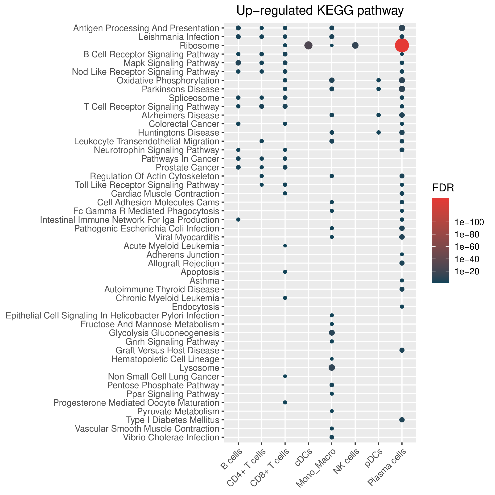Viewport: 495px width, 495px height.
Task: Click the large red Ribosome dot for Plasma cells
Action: coord(402,45)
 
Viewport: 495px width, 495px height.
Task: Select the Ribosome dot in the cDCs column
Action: coord(308,45)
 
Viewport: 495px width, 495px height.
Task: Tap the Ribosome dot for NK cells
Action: coord(355,45)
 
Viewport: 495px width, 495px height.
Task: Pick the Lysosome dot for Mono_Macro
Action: coord(332,368)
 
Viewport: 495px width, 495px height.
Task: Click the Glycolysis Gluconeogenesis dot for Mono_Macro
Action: coord(332,333)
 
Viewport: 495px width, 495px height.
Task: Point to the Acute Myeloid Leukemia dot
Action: coord(285,246)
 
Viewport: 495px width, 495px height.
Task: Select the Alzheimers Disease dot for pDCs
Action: coord(378,115)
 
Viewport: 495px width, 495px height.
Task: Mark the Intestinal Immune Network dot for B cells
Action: coord(238,220)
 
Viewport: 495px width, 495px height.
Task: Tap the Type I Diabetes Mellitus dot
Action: coord(402,420)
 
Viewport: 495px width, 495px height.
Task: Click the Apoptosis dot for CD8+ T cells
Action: coord(285,272)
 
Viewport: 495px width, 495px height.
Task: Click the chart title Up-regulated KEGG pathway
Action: coord(320,11)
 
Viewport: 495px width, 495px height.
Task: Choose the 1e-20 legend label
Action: coord(467,272)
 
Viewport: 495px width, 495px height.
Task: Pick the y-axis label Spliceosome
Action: coord(194,98)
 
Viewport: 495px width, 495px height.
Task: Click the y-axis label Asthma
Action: coord(204,281)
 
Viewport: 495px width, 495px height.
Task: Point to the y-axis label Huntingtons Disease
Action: coord(179,133)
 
